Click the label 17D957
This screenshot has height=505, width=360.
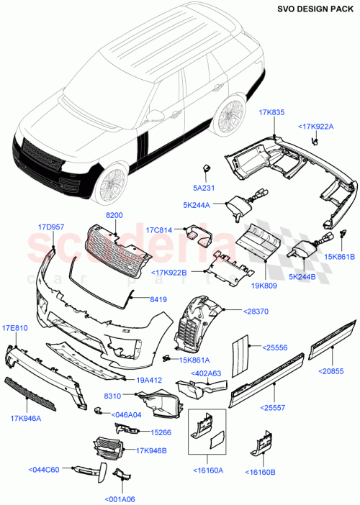pyautogui.click(x=51, y=227)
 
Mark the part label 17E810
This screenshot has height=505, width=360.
pyautogui.click(x=14, y=329)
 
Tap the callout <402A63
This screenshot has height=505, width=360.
pyautogui.click(x=207, y=373)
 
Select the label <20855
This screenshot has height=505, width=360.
pyautogui.click(x=333, y=370)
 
